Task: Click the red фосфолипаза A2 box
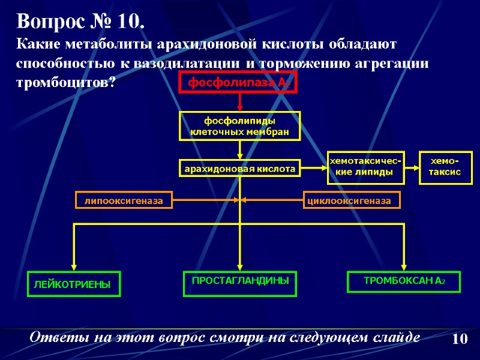[x=239, y=84]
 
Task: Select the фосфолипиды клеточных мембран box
[x=239, y=126]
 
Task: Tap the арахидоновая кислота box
[x=239, y=169]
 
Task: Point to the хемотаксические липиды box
[x=364, y=166]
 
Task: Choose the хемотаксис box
[x=443, y=166]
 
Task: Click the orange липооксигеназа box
[x=124, y=200]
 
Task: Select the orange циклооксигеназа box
[x=353, y=200]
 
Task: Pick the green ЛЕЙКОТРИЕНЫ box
[x=74, y=284]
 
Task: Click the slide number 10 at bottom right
[x=459, y=338]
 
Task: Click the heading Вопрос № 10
[x=80, y=22]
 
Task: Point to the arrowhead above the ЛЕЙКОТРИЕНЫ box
[x=74, y=266]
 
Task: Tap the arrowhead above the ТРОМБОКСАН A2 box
[x=404, y=266]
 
